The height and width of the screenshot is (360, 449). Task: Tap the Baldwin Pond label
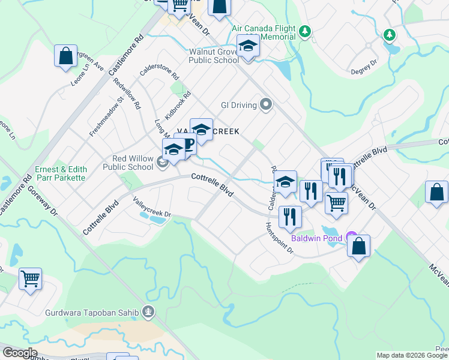316,238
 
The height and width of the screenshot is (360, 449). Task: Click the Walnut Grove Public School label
214,56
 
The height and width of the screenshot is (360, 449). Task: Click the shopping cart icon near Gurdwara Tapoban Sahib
30,278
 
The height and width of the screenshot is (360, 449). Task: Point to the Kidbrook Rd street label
180,103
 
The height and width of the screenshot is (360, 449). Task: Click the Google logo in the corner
20,353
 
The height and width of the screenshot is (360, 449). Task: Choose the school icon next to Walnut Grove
247,46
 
